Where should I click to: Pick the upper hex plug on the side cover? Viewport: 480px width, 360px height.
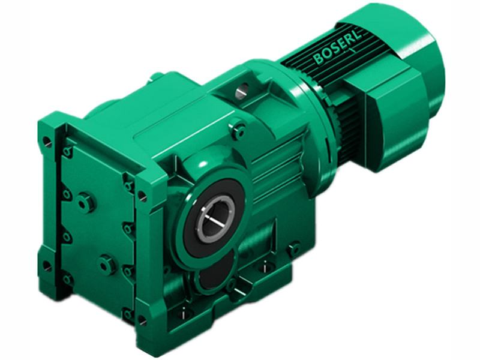pyautogui.click(x=88, y=203)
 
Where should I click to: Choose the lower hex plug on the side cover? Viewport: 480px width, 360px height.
pyautogui.click(x=107, y=263)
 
